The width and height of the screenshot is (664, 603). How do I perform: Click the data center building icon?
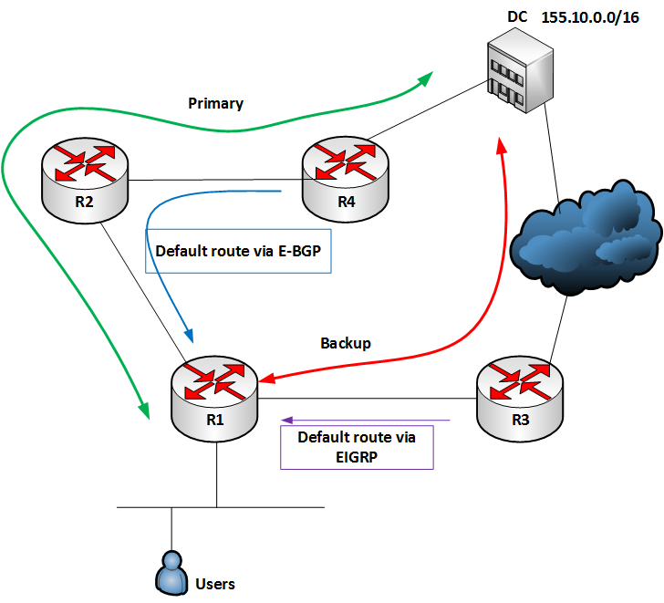coord(516,74)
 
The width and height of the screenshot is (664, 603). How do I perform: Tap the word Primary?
coord(215,103)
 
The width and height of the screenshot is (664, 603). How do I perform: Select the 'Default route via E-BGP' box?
coord(237,252)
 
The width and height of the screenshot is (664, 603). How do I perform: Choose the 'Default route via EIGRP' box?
coord(357,446)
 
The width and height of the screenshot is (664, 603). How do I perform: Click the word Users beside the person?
coord(215,583)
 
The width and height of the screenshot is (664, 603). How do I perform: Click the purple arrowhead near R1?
coord(286,421)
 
